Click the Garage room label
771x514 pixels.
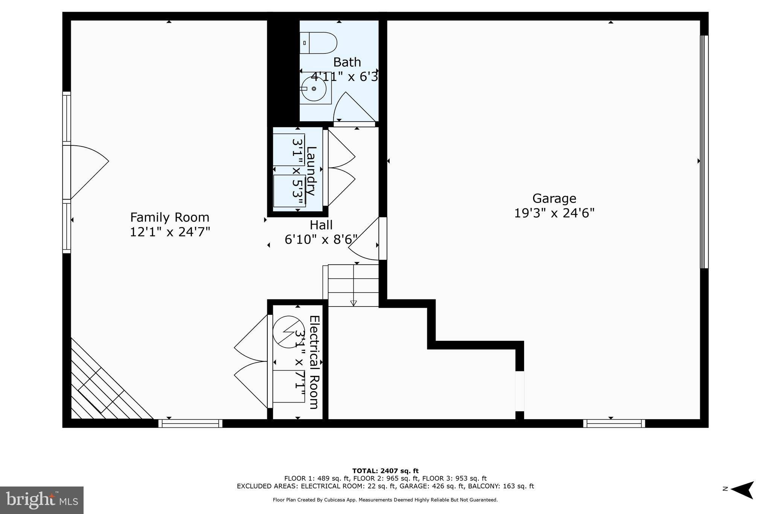pos(554,198)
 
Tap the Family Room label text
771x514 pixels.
pos(169,217)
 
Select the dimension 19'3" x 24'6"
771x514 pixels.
pos(554,214)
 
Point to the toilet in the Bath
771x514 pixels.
pos(319,43)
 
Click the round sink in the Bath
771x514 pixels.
pos(314,89)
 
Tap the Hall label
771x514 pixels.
pos(321,225)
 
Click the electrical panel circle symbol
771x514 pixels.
pos(288,331)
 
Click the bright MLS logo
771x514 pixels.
pos(42,500)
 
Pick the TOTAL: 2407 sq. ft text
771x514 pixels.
pos(385,471)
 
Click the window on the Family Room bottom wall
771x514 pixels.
pos(190,423)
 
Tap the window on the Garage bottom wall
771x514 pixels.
pos(614,423)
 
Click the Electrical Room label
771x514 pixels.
pos(314,362)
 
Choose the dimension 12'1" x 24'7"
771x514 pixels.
pos(169,232)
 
